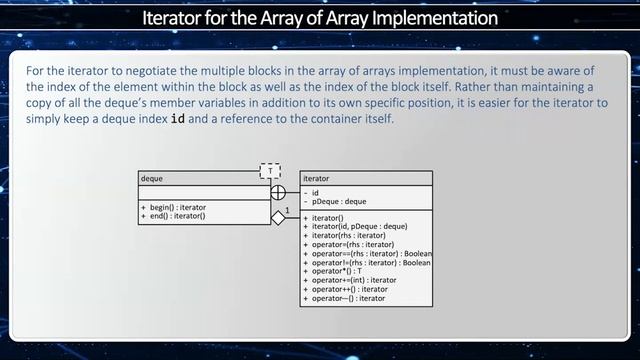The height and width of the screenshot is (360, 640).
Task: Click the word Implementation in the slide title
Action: (421, 18)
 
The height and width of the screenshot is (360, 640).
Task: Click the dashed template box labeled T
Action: (270, 171)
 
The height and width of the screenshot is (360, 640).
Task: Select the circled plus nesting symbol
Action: (278, 191)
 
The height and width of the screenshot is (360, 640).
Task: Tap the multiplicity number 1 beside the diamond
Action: (287, 210)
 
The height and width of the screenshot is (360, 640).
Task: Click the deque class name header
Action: (152, 178)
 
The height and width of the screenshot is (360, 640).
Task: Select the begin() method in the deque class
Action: (175, 207)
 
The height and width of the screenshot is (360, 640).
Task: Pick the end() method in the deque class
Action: (173, 216)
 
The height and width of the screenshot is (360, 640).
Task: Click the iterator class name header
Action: (315, 178)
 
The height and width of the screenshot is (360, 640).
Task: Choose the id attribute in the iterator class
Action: (315, 192)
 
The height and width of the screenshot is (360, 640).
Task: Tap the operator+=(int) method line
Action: (355, 280)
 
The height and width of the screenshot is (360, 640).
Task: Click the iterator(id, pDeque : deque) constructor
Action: (359, 226)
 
